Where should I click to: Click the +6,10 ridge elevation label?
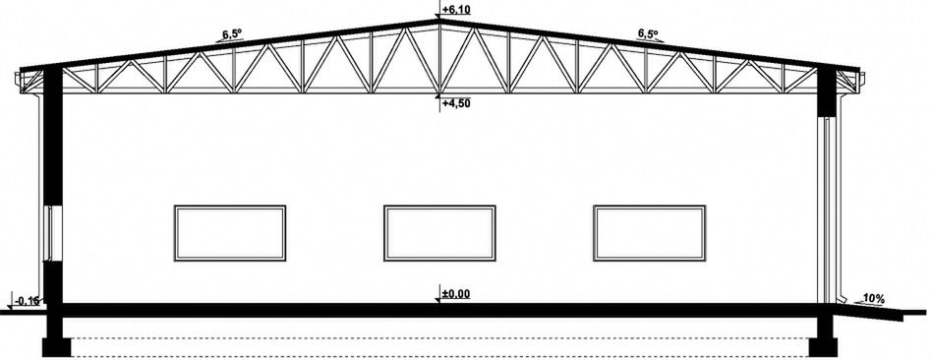(456, 10)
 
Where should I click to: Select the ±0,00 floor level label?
(456, 293)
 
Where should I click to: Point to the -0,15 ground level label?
(27, 301)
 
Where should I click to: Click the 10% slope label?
(873, 299)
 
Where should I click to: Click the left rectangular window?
(230, 233)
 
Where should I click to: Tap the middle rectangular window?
(439, 233)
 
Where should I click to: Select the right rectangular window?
(649, 233)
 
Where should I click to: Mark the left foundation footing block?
(56, 347)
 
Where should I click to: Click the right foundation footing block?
(823, 347)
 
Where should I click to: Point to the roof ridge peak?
(438, 21)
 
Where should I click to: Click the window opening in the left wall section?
(52, 233)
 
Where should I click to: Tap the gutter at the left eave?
(18, 82)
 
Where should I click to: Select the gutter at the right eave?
(861, 82)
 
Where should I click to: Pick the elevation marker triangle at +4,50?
(438, 95)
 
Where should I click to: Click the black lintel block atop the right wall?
(827, 92)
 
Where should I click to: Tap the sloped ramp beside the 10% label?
(869, 311)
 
